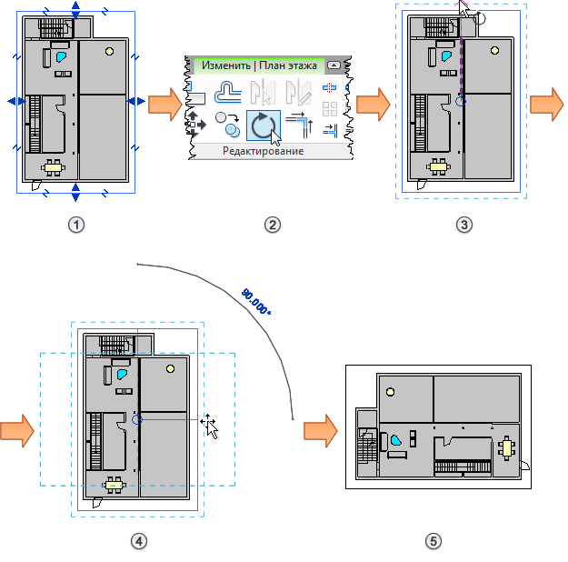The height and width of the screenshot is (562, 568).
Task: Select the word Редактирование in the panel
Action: (263, 151)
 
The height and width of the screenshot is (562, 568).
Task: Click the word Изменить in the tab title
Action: (225, 65)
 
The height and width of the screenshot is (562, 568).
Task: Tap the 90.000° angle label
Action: (256, 301)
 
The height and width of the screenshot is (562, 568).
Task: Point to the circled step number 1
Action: (77, 225)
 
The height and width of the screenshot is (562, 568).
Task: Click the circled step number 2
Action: (271, 225)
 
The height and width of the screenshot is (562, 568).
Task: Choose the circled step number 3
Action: (465, 225)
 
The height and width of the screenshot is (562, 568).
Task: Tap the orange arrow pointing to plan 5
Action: (320, 427)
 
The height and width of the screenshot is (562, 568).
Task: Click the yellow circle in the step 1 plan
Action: (110, 51)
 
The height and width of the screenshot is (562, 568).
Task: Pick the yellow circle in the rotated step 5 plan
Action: (391, 392)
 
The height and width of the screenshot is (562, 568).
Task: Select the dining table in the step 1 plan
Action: (55, 166)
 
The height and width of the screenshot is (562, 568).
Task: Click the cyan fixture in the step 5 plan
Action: (397, 440)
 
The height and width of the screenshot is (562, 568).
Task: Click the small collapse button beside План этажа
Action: (334, 65)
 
